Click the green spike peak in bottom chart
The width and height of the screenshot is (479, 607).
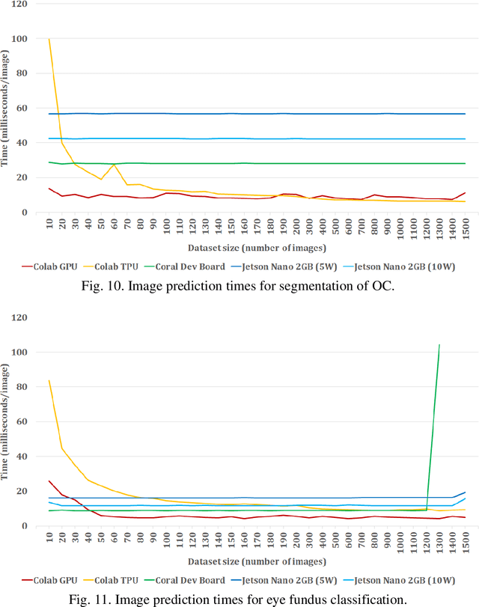point(439,345)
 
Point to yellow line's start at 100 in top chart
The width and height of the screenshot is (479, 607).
point(49,40)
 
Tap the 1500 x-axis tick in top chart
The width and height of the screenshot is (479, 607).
point(465,226)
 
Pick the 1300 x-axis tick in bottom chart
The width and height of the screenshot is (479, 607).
point(439,540)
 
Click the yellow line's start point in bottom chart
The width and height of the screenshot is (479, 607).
point(49,381)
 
